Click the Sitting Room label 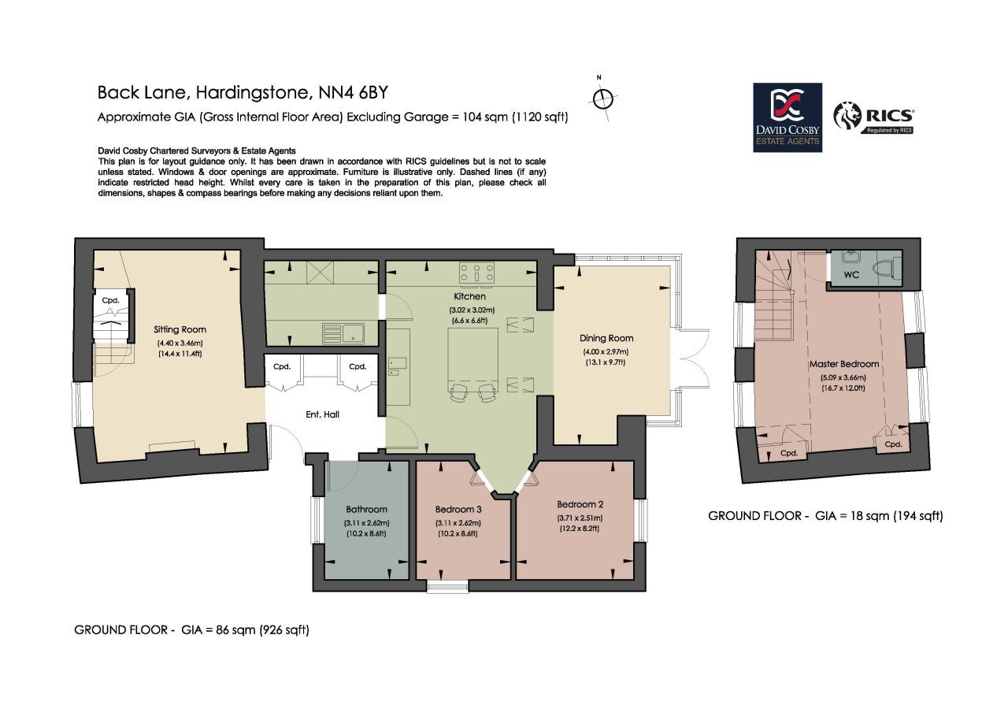point(180,329)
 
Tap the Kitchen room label point(469,296)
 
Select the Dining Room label point(606,338)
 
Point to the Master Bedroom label point(844,364)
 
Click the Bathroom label point(366,509)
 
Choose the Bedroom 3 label point(458,509)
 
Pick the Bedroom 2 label point(580,504)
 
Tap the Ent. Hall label point(322,414)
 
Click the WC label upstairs point(851,275)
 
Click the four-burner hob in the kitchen point(476,273)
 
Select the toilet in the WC point(887,269)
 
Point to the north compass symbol point(602,99)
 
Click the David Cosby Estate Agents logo point(787,117)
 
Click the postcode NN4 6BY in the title point(353,93)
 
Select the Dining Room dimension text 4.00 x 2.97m point(606,351)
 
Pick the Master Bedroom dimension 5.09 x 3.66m point(843,377)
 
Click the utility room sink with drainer point(343,333)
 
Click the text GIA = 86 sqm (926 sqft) point(245,629)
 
